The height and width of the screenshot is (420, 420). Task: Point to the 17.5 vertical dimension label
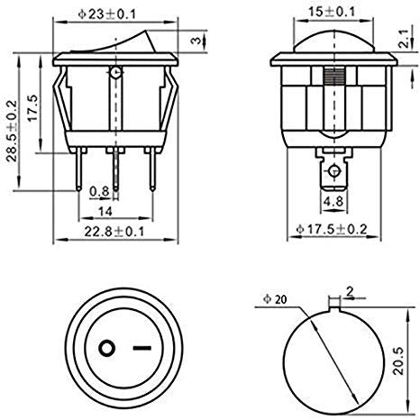click(x=33, y=111)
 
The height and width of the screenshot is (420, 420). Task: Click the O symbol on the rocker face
click(x=106, y=349)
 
